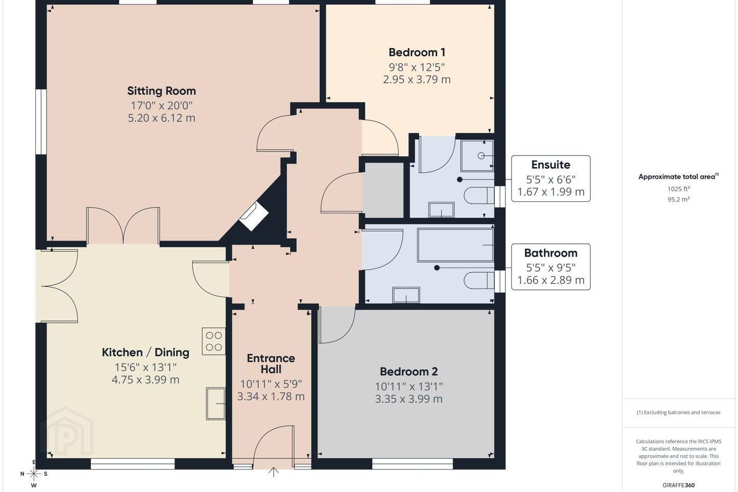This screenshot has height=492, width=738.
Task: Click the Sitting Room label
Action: pyautogui.click(x=161, y=91)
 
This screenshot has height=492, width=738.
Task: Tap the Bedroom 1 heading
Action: pyautogui.click(x=417, y=52)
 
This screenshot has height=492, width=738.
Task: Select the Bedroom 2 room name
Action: pyautogui.click(x=408, y=372)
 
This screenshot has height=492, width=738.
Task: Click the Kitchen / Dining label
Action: pyautogui.click(x=146, y=352)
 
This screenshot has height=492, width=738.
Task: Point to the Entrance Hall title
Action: pyautogui.click(x=271, y=363)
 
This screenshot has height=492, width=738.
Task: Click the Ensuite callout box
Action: pyautogui.click(x=550, y=178)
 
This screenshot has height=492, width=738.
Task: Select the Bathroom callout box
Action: pyautogui.click(x=550, y=266)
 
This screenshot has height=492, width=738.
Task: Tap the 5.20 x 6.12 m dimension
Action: pyautogui.click(x=161, y=118)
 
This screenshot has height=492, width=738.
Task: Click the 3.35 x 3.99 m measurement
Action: pyautogui.click(x=408, y=399)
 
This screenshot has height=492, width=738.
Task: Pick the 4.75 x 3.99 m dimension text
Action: pyautogui.click(x=146, y=380)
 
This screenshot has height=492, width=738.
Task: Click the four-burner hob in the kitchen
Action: pyautogui.click(x=214, y=341)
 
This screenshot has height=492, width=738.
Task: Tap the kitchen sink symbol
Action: pyautogui.click(x=216, y=404)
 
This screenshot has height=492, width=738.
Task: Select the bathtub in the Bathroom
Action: pyautogui.click(x=455, y=245)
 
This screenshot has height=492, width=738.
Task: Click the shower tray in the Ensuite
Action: pyautogui.click(x=477, y=156)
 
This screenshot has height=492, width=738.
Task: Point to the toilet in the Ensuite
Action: pyautogui.click(x=479, y=195)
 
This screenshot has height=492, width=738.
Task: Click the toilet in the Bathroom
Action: pyautogui.click(x=479, y=280)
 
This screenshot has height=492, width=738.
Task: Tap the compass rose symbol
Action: pyautogui.click(x=34, y=474)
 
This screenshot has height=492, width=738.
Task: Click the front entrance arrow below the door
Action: pyautogui.click(x=274, y=471)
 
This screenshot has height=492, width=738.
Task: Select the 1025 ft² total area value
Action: pyautogui.click(x=679, y=189)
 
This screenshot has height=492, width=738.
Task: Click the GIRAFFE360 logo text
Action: pyautogui.click(x=679, y=485)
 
